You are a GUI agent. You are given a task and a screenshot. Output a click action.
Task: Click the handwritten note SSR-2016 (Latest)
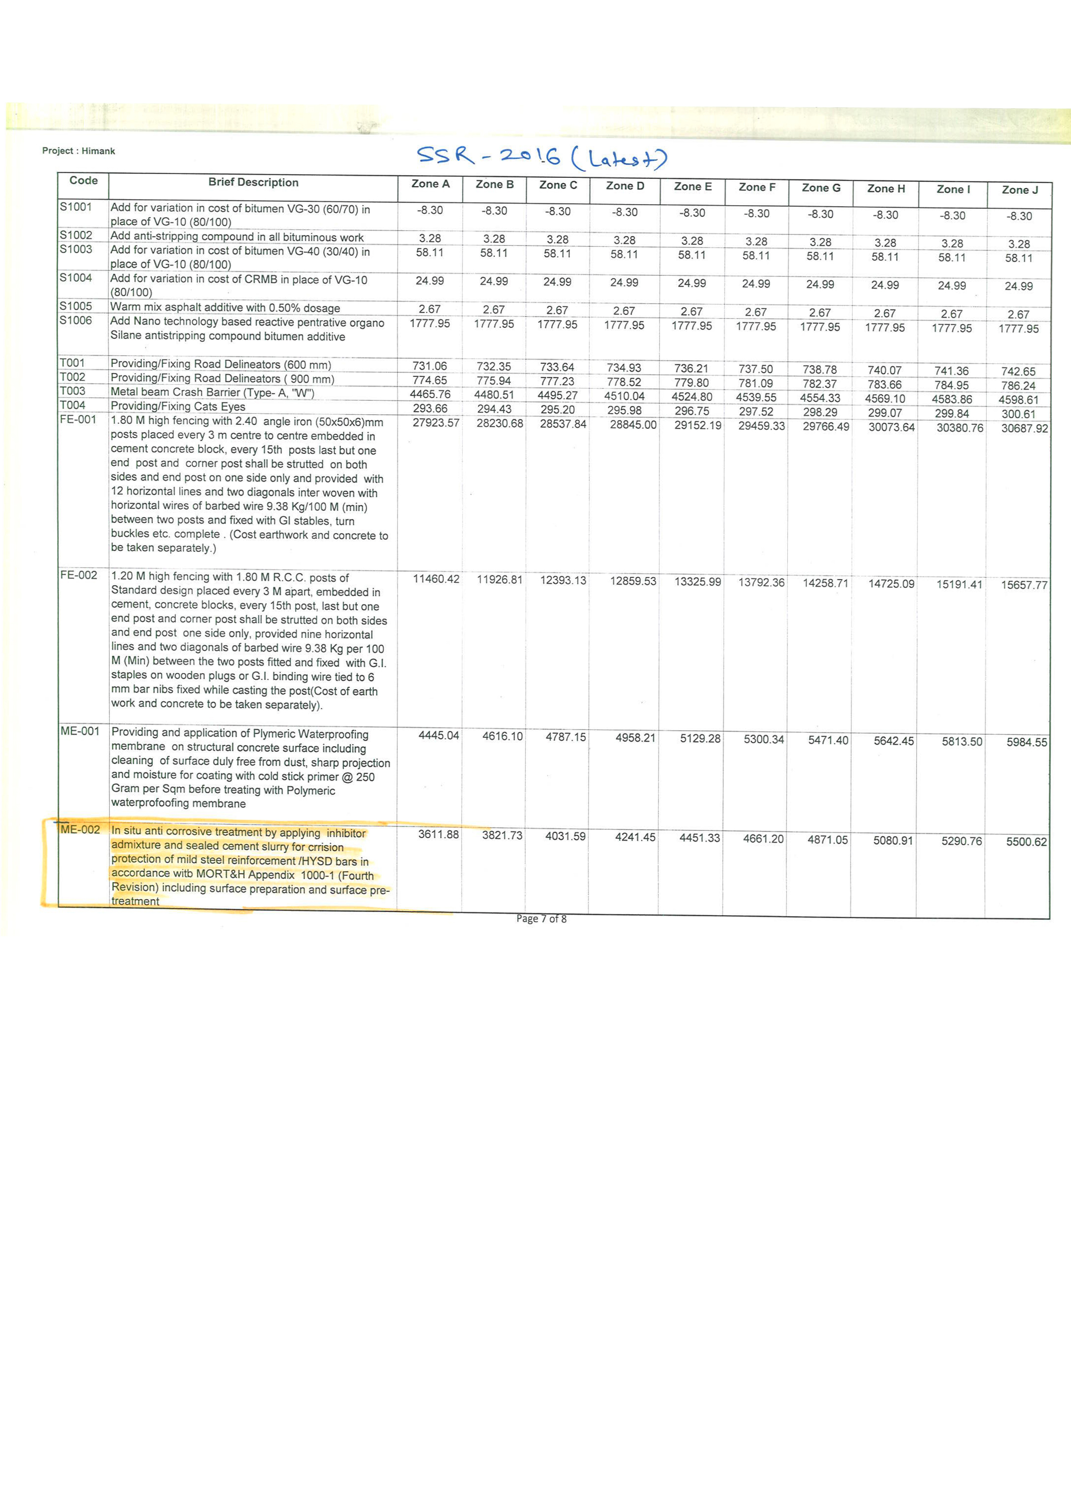(542, 156)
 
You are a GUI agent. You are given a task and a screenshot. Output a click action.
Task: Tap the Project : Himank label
(79, 151)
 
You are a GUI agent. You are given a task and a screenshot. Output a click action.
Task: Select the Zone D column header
(624, 186)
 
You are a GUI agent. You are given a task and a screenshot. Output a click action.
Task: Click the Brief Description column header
(253, 183)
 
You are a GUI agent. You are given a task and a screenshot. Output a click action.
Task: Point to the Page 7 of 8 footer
(541, 919)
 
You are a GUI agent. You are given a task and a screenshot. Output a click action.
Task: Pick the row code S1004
(76, 277)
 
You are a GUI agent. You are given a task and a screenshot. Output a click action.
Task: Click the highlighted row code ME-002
(80, 830)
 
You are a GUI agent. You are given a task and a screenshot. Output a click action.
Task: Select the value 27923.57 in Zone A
(435, 423)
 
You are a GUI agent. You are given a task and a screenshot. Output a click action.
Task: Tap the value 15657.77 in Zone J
(1023, 584)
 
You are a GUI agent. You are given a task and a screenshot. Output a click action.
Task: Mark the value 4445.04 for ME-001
(439, 735)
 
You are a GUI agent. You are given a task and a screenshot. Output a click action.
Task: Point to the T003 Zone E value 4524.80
(692, 397)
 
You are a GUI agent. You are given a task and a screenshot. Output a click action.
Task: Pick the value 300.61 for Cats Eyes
(1018, 414)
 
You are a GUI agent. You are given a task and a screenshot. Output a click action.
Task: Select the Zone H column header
(886, 188)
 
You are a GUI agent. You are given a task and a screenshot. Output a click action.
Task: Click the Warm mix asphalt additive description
(225, 308)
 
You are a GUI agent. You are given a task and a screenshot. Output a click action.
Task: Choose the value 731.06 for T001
(430, 366)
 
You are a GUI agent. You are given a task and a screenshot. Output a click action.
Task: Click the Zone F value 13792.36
(761, 582)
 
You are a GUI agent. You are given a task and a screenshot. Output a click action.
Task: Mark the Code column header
(83, 181)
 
